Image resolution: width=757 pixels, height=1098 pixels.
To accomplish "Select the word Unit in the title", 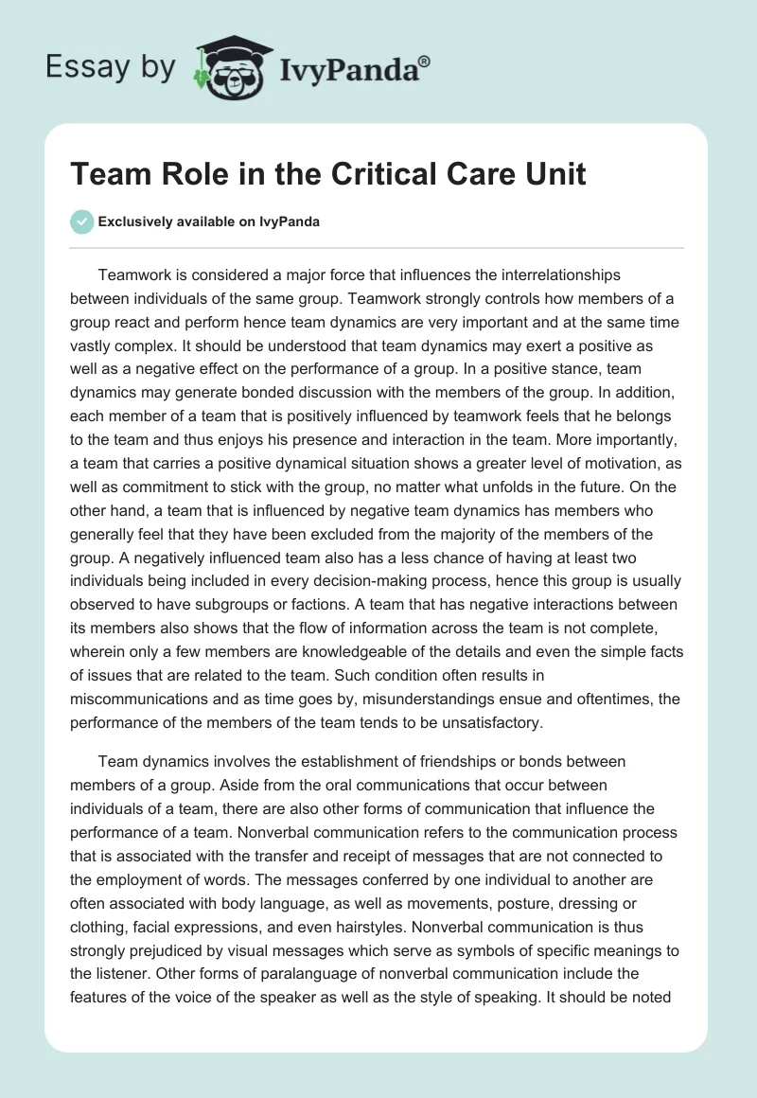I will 553,174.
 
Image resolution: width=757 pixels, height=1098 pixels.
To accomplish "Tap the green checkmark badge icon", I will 81,221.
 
